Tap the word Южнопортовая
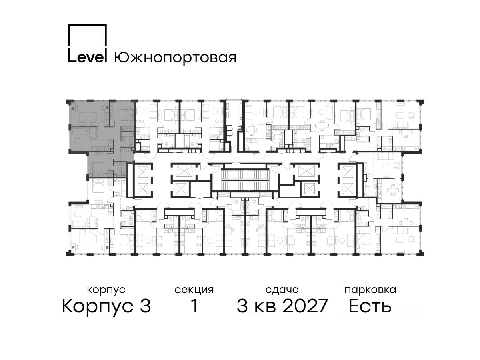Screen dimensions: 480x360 pos(175,58)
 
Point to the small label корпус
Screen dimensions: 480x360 pos(106,290)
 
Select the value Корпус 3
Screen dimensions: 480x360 pos(106,306)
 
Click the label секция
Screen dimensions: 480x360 pos(194,290)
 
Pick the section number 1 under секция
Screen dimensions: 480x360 pos(194,306)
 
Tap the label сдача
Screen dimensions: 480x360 pos(282,290)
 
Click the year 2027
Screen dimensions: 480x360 pos(305,306)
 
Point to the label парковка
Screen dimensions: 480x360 pos(370,290)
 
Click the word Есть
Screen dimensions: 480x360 pos(370,306)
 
